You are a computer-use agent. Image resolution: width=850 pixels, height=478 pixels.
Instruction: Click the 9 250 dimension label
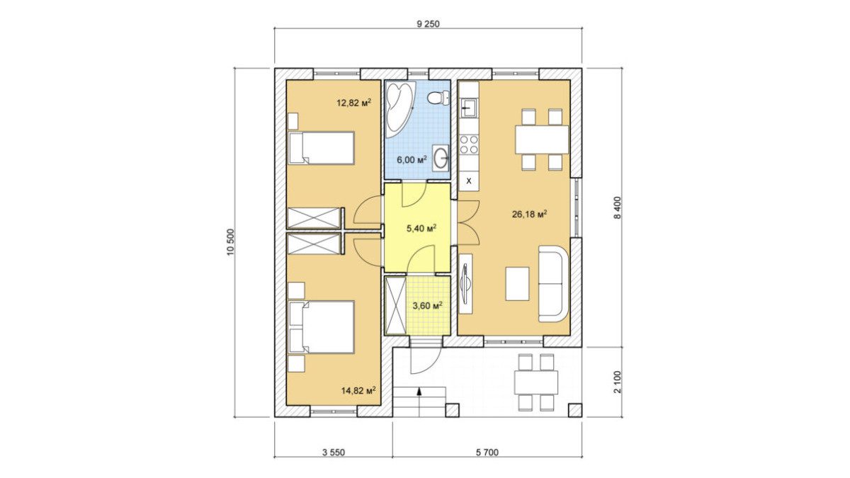428,24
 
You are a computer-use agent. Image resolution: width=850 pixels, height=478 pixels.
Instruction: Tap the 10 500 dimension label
231,242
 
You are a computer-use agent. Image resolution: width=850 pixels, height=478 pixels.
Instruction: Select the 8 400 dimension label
618,207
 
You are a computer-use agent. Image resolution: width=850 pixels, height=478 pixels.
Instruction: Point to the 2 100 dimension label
618,382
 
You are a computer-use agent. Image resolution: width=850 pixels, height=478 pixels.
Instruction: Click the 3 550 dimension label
334,453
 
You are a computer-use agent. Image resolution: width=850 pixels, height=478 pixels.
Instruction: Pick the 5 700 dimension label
487,453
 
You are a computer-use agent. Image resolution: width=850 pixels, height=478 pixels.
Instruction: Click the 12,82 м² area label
353,103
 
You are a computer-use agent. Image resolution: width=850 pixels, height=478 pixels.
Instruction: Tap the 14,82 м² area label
358,390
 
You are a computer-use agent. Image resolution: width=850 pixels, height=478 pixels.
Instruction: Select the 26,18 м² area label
529,214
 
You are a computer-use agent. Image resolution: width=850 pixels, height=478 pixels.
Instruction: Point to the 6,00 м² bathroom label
412,159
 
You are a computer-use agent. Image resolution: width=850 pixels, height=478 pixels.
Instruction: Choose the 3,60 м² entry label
428,305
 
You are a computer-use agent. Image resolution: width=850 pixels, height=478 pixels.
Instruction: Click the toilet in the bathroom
438,98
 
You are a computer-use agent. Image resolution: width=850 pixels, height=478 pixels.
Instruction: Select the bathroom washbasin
440,158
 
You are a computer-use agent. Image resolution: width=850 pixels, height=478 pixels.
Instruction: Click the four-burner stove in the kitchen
469,144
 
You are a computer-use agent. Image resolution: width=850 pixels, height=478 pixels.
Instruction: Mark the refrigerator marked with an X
469,181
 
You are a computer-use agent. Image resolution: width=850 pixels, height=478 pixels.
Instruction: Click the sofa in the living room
553,284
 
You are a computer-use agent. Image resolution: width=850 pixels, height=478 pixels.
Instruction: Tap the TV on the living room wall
465,283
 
